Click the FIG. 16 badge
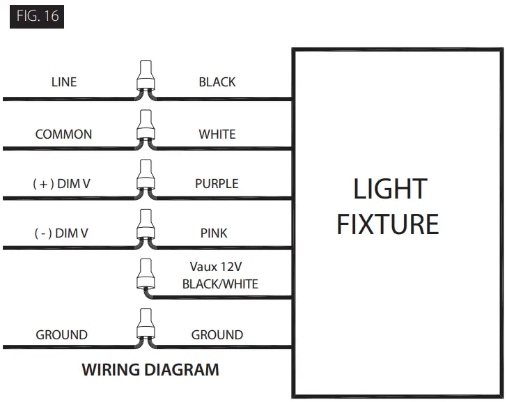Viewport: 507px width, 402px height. point(37,16)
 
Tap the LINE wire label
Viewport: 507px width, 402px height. point(64,82)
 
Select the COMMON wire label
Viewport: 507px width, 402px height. point(63,134)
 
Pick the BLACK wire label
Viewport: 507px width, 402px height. point(217,82)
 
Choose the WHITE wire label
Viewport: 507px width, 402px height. point(217,134)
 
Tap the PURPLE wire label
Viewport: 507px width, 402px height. point(217,184)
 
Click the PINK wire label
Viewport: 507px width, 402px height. point(214,233)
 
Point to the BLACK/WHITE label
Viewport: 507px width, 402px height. point(220,284)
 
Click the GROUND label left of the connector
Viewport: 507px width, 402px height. point(62,335)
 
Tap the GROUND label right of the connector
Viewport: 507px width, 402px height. point(217,335)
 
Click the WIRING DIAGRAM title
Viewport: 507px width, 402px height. point(150,370)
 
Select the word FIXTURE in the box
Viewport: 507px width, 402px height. point(388,224)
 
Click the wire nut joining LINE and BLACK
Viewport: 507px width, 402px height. point(146,77)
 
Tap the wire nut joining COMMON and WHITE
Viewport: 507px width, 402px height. point(146,126)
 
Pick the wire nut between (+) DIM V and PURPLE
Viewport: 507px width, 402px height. point(146,176)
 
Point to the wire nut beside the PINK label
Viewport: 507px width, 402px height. point(146,226)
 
